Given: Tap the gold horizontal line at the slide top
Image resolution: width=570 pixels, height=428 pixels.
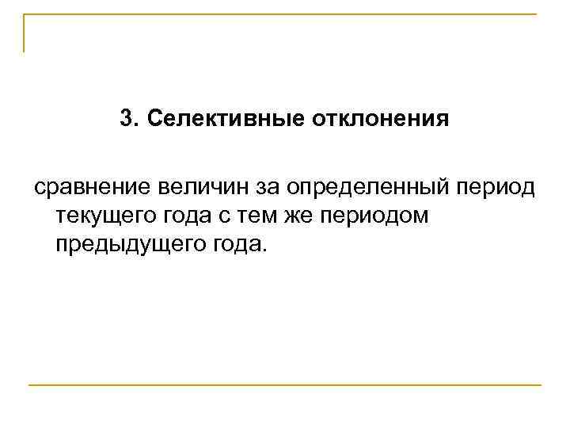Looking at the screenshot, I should (x=285, y=15).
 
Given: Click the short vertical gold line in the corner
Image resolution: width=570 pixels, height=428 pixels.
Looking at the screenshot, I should (x=25, y=33).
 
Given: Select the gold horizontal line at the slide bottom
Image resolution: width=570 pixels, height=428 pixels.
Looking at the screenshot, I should (x=285, y=385).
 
